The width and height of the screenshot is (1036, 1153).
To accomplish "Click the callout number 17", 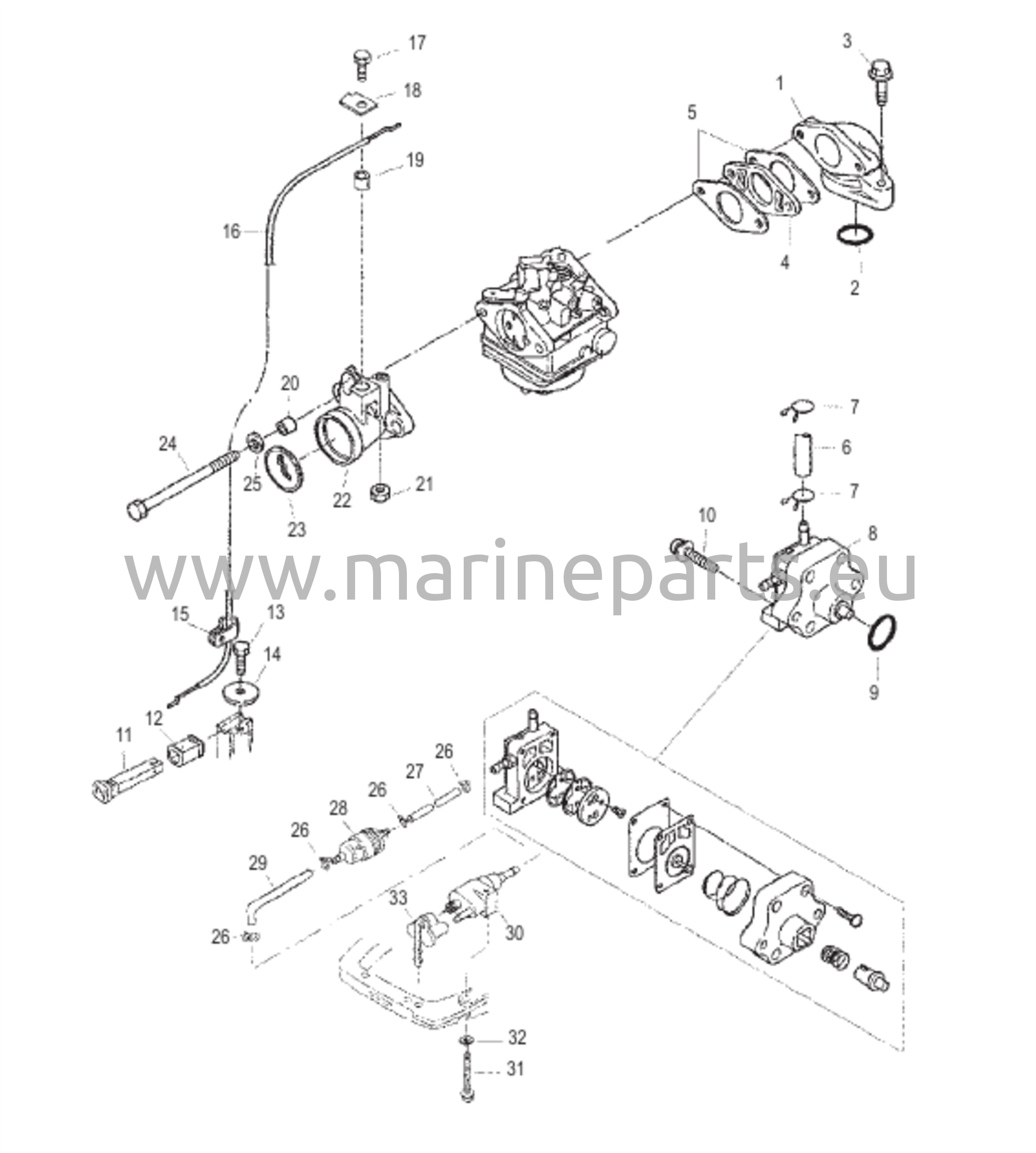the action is tap(417, 43).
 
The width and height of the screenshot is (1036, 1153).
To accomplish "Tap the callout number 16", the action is tap(232, 232).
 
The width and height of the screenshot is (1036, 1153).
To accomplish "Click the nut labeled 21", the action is tap(380, 492).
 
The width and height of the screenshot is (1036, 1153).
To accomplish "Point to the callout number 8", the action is tap(873, 534).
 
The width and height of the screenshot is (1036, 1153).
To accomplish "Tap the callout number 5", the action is tap(692, 113).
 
